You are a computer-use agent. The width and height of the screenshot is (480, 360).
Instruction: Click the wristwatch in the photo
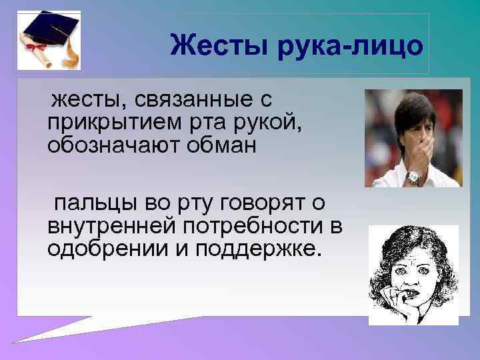click(413, 177)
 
